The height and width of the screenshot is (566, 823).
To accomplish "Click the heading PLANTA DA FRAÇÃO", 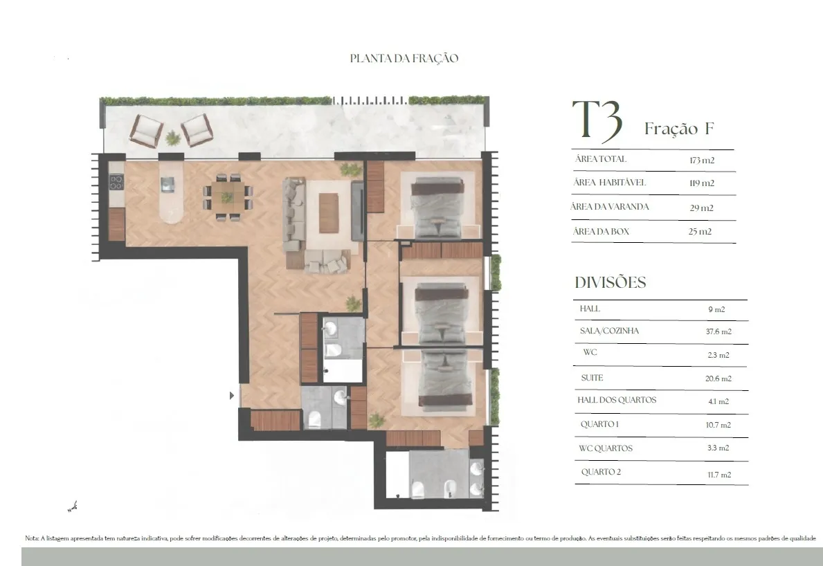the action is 404,58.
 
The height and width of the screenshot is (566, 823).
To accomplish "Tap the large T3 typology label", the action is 597,122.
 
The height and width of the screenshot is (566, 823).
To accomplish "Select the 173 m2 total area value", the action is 702,161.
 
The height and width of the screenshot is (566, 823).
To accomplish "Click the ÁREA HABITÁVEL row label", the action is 609,183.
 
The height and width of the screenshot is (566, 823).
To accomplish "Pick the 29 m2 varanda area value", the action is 701,208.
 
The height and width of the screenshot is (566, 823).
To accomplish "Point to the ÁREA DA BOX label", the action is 601,231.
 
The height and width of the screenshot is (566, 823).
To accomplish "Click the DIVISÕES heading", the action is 611,282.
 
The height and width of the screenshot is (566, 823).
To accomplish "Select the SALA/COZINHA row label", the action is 609,331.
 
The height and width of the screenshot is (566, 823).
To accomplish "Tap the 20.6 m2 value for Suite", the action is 718,378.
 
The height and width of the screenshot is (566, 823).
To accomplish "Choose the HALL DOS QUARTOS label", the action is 617,400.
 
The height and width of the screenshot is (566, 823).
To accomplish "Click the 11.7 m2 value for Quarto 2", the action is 719,475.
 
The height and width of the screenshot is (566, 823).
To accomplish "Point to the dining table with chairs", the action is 228,197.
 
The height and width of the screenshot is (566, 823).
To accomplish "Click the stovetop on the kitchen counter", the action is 116,182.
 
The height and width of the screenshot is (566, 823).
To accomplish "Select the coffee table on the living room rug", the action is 329,213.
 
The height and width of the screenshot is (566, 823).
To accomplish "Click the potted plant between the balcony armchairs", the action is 172,138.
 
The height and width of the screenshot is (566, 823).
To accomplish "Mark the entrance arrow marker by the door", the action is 231,396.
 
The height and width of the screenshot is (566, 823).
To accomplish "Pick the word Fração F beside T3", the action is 679,129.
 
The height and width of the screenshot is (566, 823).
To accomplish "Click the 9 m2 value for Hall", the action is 716,309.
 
